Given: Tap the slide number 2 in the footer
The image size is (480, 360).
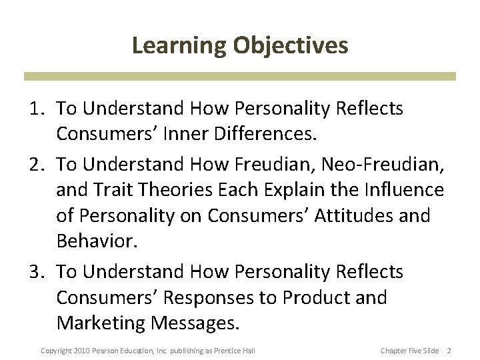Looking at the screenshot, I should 449,351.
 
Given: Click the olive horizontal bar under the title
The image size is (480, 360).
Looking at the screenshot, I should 240,76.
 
